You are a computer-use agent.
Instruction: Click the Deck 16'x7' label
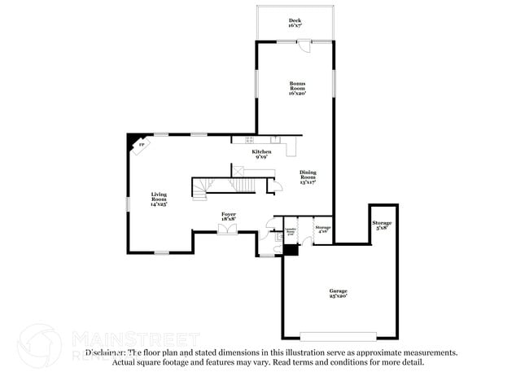[295, 23]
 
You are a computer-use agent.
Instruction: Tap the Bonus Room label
[297, 88]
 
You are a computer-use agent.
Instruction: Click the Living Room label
[159, 199]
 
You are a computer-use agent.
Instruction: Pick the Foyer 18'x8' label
[230, 216]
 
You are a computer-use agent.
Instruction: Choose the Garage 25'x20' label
[339, 293]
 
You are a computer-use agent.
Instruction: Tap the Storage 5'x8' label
[382, 225]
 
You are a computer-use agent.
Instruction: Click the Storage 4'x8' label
[323, 230]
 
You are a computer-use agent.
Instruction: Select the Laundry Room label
[289, 233]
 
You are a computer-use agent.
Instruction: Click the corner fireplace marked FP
[141, 145]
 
